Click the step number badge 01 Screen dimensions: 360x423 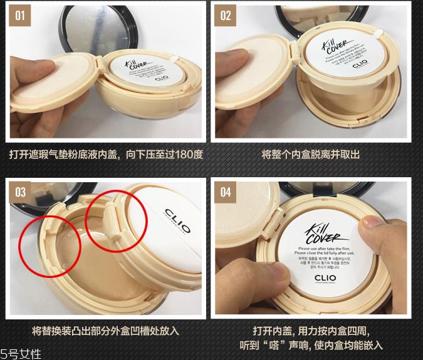coord(19,15)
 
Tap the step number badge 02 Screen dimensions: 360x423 coord(225,15)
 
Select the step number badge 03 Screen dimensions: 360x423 coord(20,192)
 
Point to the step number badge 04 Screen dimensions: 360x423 coord(225,192)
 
